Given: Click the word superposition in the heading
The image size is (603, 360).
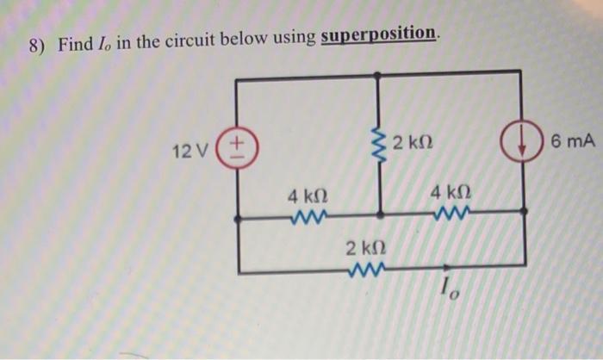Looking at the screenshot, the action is pyautogui.click(x=379, y=34).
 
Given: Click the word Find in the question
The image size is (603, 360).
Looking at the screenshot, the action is pyautogui.click(x=74, y=43).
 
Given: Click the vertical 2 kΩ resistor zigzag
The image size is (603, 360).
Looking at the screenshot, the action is pyautogui.click(x=379, y=147).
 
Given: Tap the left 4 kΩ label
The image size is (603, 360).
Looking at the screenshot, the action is pyautogui.click(x=308, y=196).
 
